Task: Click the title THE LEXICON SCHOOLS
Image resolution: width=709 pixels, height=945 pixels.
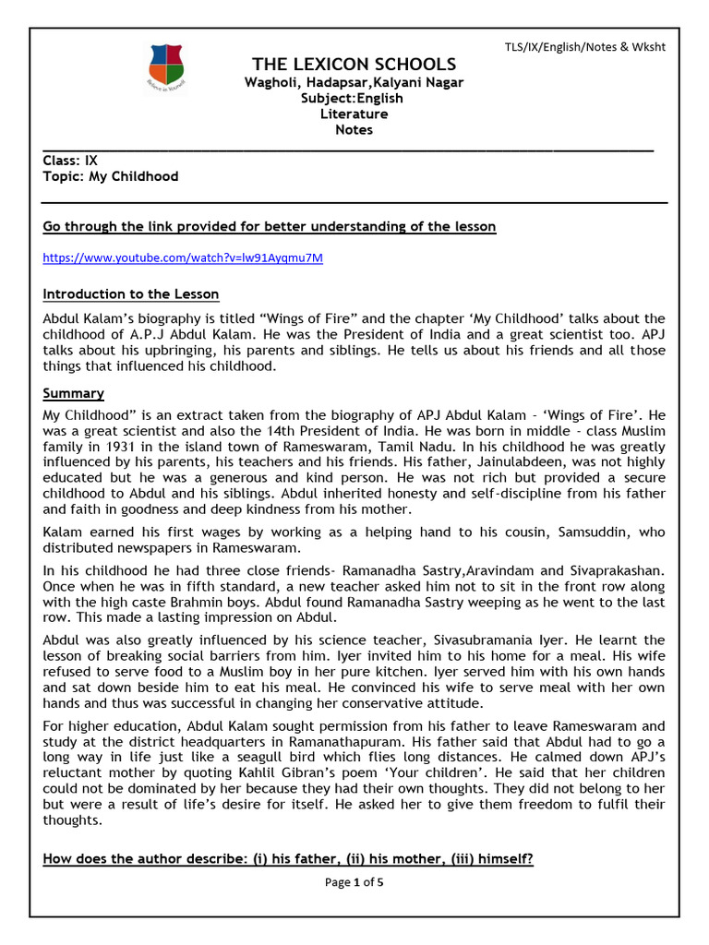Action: (354, 64)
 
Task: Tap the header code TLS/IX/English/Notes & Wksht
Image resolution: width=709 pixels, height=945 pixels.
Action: (584, 46)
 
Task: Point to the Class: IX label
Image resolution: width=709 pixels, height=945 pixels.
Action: (70, 160)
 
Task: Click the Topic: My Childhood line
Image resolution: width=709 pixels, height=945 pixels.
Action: (111, 176)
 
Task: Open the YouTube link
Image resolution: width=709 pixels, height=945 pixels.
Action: (183, 257)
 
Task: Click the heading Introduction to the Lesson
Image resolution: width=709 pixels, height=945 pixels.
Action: (131, 294)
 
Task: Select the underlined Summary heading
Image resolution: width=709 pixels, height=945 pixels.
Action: (74, 393)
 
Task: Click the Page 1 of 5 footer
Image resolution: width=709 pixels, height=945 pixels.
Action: (354, 882)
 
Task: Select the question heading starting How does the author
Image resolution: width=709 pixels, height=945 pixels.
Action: (288, 858)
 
